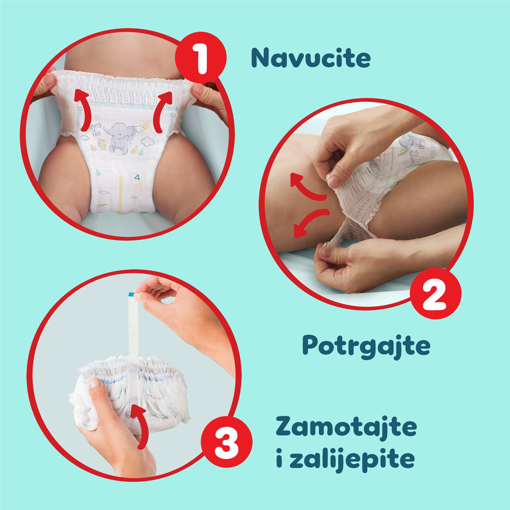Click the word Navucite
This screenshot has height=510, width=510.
pos(311,58)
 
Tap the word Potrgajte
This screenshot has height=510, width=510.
pos(366,346)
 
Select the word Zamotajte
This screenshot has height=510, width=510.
pos(346,426)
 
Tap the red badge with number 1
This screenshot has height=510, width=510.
pos(201,58)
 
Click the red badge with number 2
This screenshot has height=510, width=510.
pos(436,294)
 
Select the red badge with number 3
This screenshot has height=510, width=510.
pos(226,442)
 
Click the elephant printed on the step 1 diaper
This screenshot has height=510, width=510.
pos(122,138)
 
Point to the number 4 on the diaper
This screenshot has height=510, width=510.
pos(137,177)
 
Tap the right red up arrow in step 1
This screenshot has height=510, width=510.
pos(162,111)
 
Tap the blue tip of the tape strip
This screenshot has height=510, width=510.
pos(131,295)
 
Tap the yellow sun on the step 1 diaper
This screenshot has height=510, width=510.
pos(146,124)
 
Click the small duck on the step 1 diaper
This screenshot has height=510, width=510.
pos(103,143)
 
